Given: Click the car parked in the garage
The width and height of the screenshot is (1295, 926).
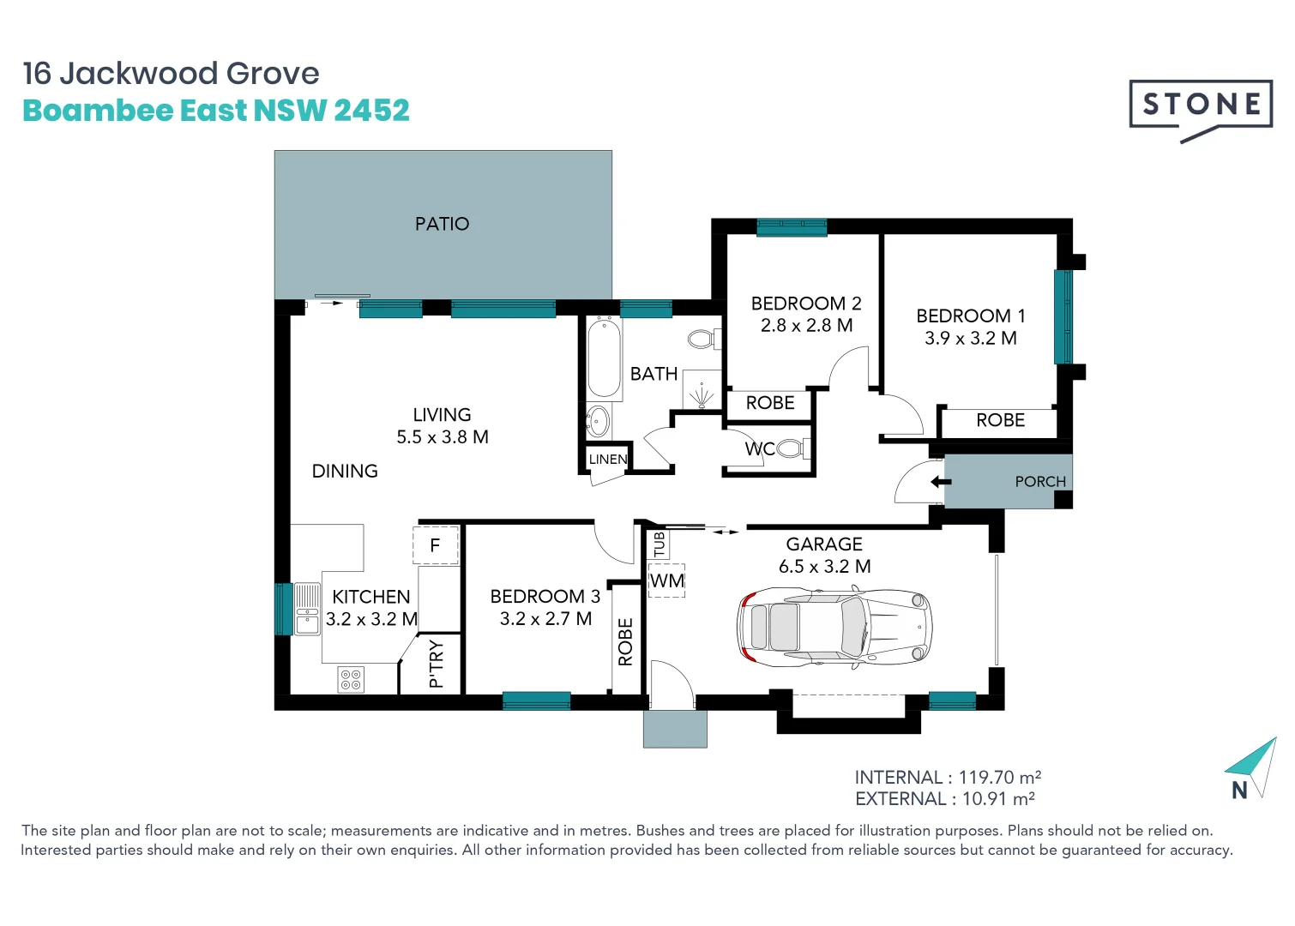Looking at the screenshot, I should [x=834, y=627].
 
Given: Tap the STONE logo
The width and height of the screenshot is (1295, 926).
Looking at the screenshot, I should [x=1201, y=105].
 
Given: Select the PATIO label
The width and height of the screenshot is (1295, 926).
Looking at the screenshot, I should [x=442, y=224].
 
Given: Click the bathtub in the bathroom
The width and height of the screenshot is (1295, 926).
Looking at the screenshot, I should [x=604, y=358].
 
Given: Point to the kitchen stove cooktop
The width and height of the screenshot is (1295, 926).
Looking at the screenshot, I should [x=351, y=679].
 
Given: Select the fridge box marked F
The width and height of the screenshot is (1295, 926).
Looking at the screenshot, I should [x=435, y=545].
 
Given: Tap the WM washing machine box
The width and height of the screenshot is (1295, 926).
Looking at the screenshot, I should [x=666, y=580].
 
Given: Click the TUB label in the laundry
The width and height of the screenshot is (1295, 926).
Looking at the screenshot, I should [x=659, y=544].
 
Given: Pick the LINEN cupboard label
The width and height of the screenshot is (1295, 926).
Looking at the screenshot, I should [x=608, y=460].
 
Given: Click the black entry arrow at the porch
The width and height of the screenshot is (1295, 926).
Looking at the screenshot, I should [x=940, y=482].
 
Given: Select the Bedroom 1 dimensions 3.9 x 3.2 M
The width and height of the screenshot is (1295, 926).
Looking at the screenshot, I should [x=970, y=339].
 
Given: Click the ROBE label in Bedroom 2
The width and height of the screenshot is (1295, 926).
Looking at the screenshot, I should [x=769, y=403].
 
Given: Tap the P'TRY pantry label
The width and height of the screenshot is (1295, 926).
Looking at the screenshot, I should [x=436, y=664].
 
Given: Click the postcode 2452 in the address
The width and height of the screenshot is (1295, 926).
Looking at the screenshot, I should [x=371, y=111].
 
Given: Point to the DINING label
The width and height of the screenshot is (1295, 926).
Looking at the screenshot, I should [x=345, y=471].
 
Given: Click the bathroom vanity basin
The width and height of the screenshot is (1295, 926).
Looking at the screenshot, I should [x=598, y=421].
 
